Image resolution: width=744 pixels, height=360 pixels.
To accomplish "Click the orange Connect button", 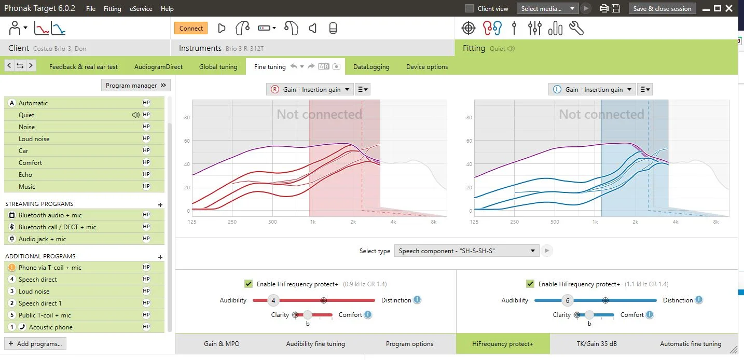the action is click(x=191, y=28).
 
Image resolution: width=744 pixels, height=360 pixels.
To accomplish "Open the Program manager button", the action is click(x=136, y=86).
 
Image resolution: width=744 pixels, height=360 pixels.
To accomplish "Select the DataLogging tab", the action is click(x=371, y=67).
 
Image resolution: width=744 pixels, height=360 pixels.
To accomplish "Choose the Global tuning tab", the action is click(x=218, y=67).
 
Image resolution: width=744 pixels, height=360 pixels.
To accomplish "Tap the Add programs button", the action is click(x=35, y=344).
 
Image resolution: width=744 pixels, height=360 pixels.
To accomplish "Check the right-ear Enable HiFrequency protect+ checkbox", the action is click(x=249, y=284).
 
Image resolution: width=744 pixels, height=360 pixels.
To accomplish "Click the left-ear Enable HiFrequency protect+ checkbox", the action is click(x=530, y=284).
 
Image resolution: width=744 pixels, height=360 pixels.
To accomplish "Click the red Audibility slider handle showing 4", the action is click(x=273, y=300).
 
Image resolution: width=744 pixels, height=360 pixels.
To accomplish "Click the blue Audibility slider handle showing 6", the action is click(x=568, y=300).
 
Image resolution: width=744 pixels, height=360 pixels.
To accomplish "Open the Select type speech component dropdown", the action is click(x=466, y=251).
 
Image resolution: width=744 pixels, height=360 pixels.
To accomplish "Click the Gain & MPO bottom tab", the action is click(x=222, y=344).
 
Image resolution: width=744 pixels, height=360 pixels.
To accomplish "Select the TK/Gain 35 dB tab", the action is click(x=597, y=344).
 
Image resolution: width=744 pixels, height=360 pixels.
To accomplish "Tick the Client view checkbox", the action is click(x=470, y=9).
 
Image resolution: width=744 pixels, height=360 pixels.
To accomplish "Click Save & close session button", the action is click(x=663, y=9).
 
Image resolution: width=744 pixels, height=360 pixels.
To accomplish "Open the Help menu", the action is click(x=167, y=9).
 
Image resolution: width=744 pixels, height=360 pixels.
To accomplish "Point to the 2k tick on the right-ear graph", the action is click(x=353, y=222).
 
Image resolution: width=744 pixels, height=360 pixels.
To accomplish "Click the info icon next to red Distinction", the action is click(x=417, y=300).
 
